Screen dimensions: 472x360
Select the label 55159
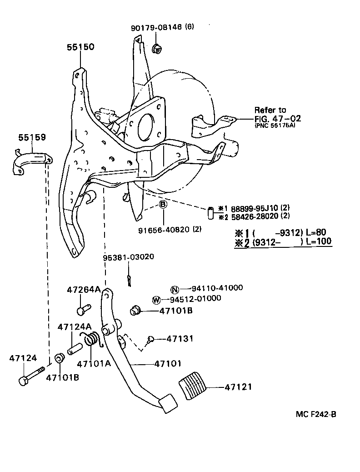pos(32,137)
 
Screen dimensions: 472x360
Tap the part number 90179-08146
pos(157,27)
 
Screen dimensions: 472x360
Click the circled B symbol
pos(163,205)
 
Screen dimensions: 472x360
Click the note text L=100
pos(318,241)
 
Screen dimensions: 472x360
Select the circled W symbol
pos(156,299)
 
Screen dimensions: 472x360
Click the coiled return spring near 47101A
pos(93,339)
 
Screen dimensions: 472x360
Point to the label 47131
pos(180,338)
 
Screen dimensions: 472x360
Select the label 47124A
pos(74,326)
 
